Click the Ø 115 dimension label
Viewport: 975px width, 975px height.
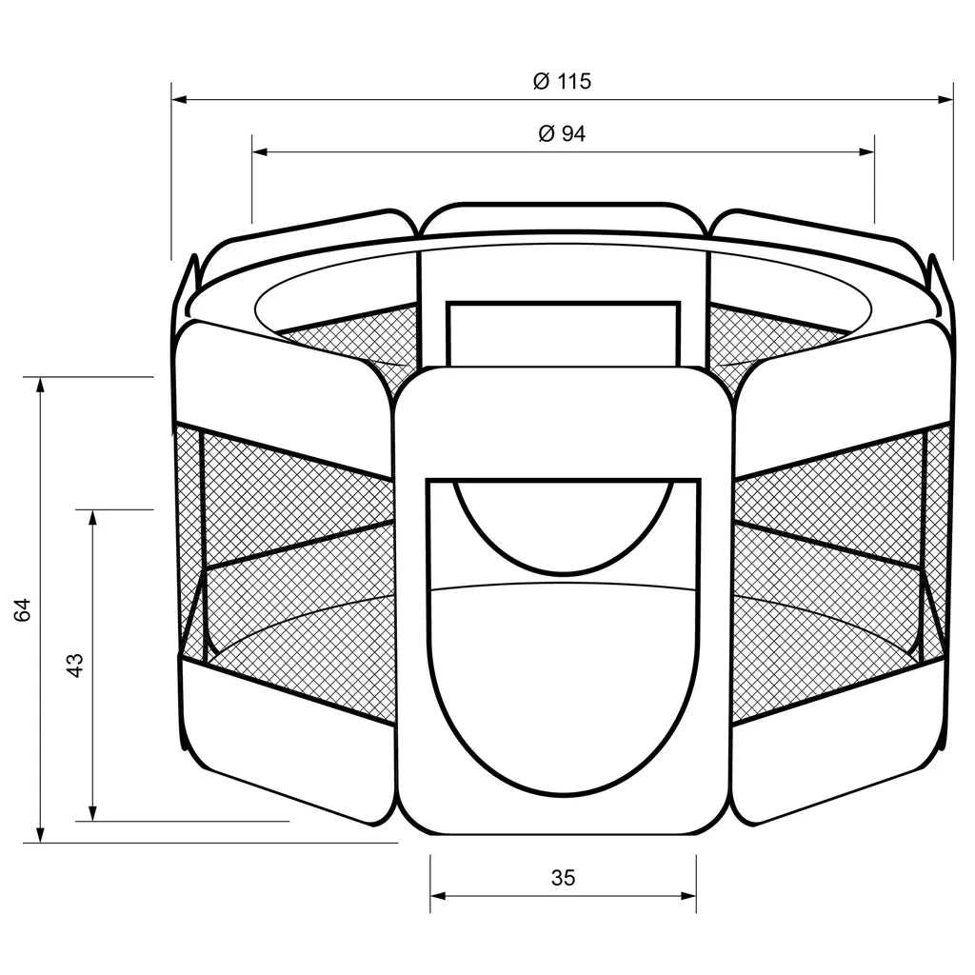(x=562, y=82)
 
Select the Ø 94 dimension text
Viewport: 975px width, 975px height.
(x=562, y=133)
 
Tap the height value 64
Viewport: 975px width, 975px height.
(x=23, y=610)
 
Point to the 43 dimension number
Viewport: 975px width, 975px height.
(x=75, y=665)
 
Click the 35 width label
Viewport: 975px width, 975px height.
(x=564, y=877)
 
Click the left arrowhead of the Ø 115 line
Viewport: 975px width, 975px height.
(x=180, y=99)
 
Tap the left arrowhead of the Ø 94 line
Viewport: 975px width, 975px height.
(x=260, y=151)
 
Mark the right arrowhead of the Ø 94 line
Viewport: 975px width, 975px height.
(x=866, y=151)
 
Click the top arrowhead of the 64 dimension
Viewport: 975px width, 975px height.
(x=41, y=385)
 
